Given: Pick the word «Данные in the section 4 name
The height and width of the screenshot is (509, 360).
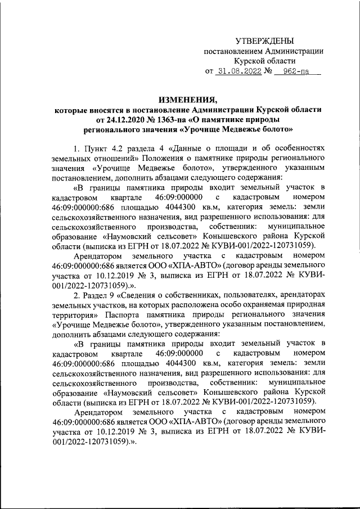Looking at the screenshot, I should pos(192,148).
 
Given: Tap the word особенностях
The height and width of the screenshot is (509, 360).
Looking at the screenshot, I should pos(300,148).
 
